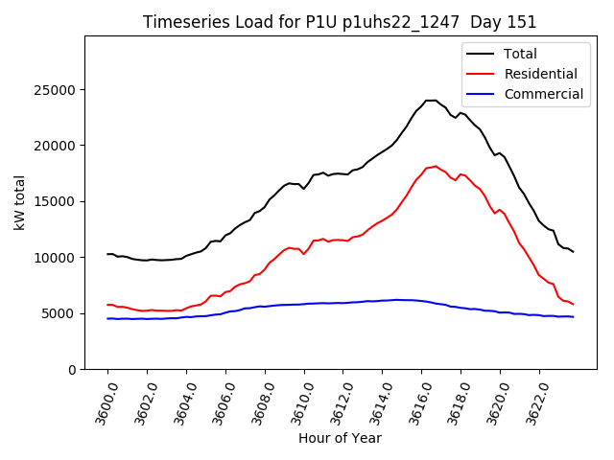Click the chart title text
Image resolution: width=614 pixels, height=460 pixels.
pyautogui.click(x=340, y=22)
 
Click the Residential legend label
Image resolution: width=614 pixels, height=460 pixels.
pyautogui.click(x=541, y=74)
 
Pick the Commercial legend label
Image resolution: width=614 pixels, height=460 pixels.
pyautogui.click(x=544, y=94)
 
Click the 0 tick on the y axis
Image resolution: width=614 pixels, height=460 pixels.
pyautogui.click(x=73, y=369)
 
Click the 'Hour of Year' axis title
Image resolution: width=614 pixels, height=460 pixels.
pyautogui.click(x=340, y=438)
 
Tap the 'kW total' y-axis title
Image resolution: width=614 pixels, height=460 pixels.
pyautogui.click(x=20, y=202)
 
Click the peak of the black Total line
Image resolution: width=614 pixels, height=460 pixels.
pyautogui.click(x=430, y=100)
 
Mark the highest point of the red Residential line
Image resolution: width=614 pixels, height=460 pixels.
pyautogui.click(x=436, y=166)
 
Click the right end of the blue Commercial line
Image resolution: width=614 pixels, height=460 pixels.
pyautogui.click(x=573, y=317)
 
